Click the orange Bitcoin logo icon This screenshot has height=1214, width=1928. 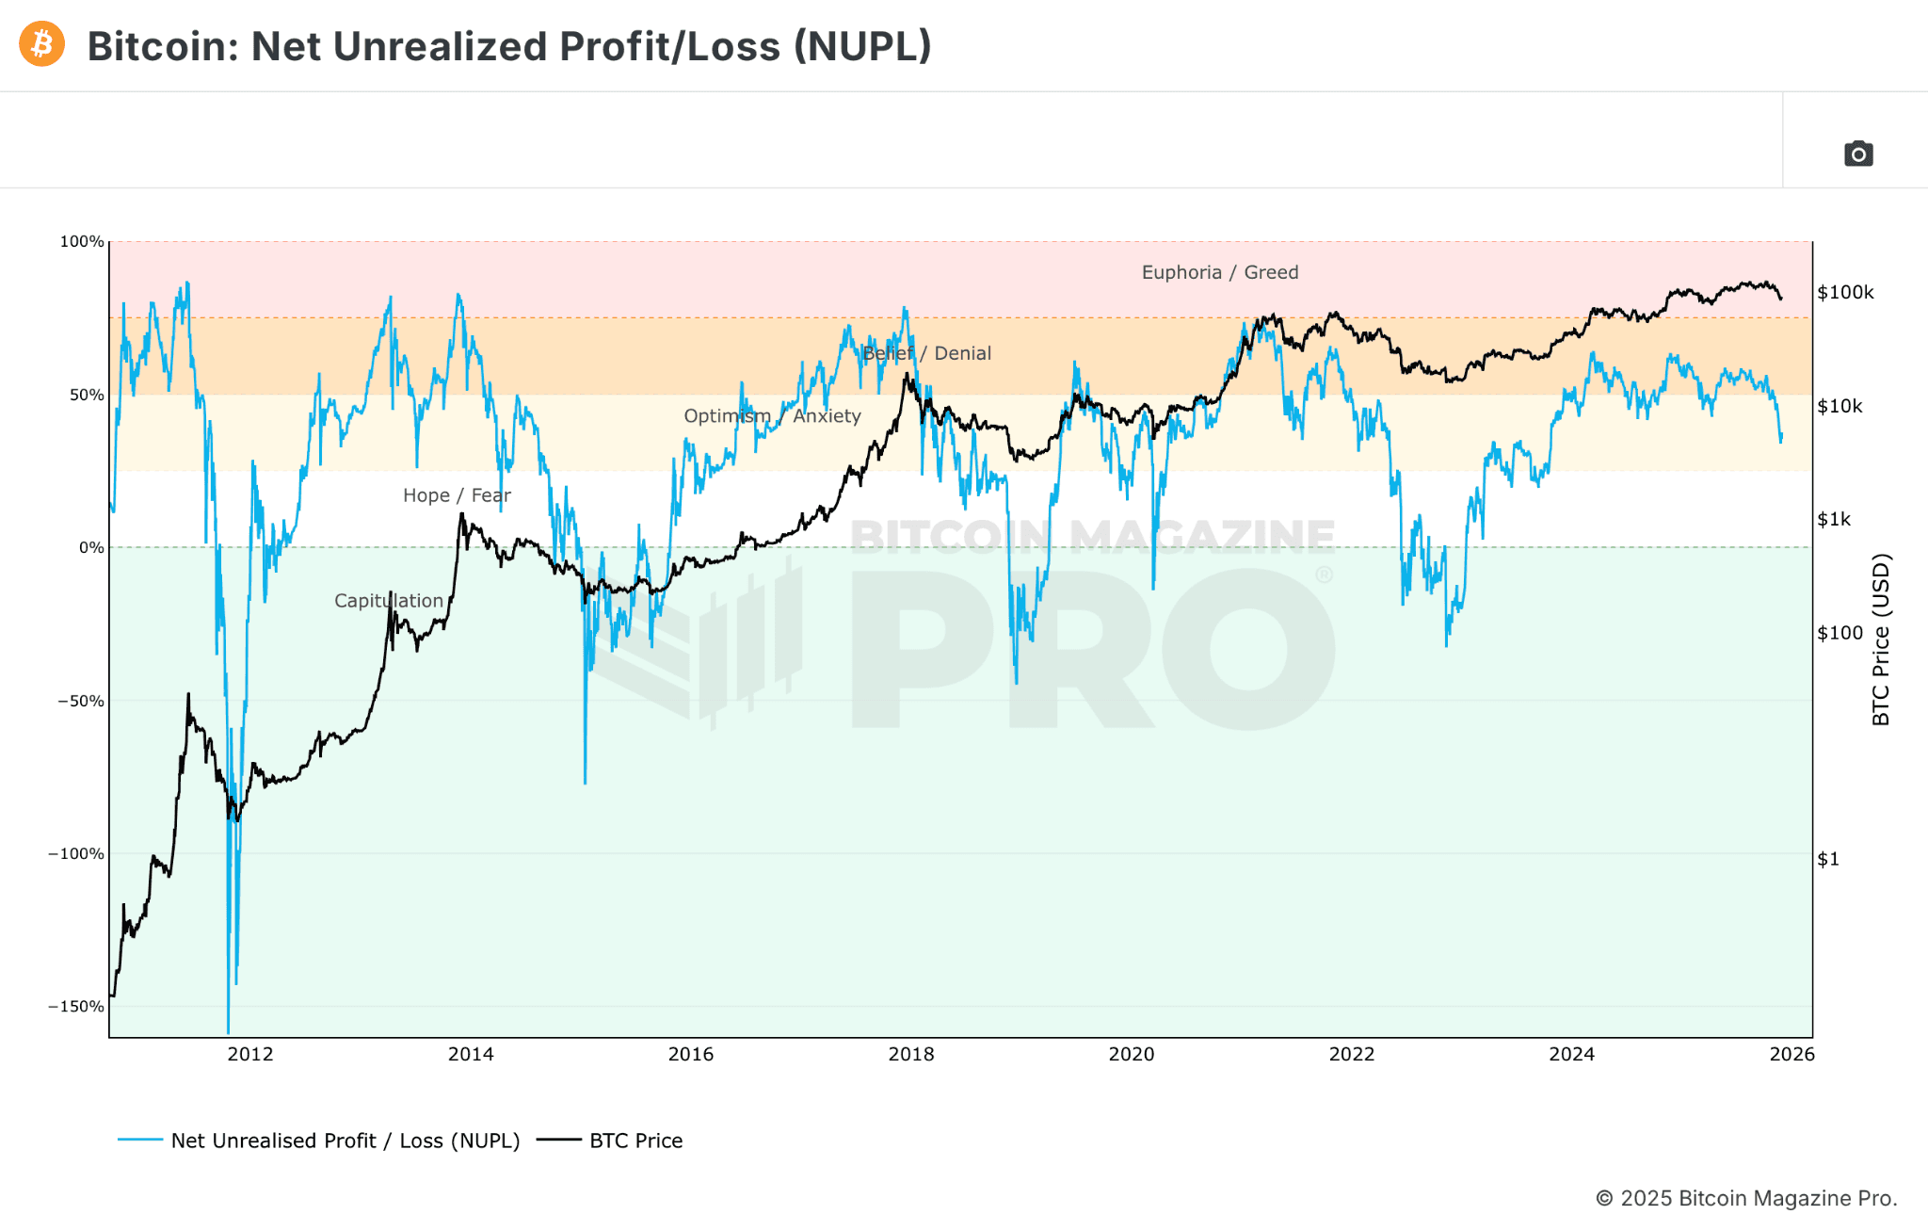coord(41,44)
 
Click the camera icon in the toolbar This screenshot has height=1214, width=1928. coord(1857,154)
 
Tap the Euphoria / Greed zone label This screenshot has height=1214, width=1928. coord(1219,272)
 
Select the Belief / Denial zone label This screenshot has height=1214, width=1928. coord(926,353)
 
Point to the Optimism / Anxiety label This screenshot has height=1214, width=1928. coord(772,416)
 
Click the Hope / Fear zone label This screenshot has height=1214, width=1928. coord(457,495)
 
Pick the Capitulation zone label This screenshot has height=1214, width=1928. coord(388,601)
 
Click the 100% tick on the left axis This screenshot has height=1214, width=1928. coord(82,242)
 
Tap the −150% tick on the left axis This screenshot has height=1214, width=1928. coord(76,1007)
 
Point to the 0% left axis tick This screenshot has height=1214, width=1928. coord(91,548)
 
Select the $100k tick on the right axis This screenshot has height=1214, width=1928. coord(1845,293)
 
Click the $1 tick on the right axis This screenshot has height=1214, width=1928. coord(1827,859)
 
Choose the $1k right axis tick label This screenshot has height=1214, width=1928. coord(1833,520)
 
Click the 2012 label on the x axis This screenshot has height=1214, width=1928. coord(250,1054)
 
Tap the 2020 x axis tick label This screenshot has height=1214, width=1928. coord(1131,1054)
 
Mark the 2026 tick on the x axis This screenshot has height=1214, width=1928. coord(1791,1054)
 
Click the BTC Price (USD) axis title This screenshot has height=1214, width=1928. coord(1881,639)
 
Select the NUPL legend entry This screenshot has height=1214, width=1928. coord(345,1141)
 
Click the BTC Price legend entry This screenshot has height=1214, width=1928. coord(635,1141)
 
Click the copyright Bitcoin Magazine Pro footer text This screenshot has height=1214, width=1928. coord(1745,1198)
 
